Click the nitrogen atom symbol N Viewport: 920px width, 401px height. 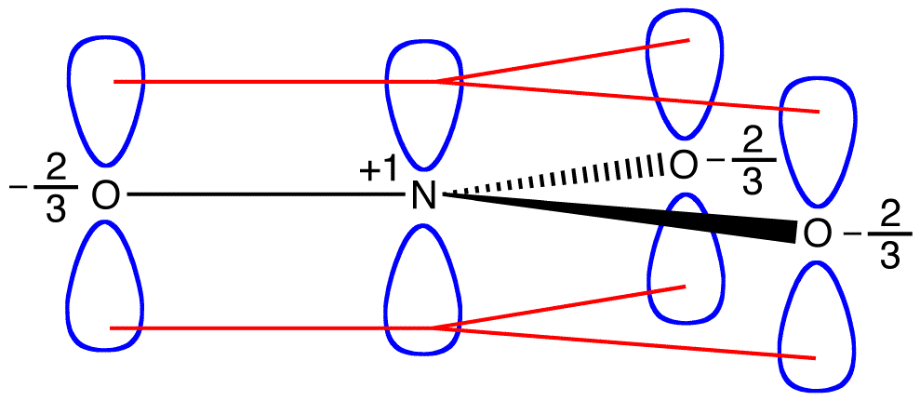(423, 196)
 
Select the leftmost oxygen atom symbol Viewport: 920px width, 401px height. (105, 195)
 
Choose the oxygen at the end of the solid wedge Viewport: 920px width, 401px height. (815, 234)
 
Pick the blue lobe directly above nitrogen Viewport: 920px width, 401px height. (424, 102)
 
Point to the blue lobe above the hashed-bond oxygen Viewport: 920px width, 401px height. (683, 74)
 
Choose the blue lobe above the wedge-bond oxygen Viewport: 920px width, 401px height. (816, 140)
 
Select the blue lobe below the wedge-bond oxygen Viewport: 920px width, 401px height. (815, 326)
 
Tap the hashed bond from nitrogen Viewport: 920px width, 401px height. (558, 180)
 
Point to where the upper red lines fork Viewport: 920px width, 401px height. (437, 81)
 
